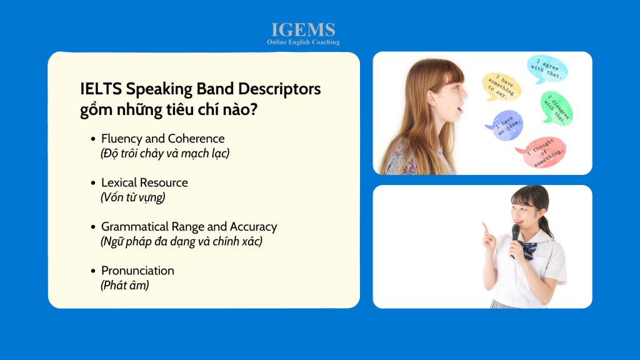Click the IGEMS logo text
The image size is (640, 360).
click(x=303, y=30)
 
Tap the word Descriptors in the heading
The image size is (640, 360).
click(x=279, y=89)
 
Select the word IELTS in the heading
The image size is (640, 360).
click(x=101, y=89)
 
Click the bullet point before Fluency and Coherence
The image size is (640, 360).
click(x=93, y=139)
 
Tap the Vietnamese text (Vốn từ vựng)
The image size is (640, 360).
click(x=133, y=197)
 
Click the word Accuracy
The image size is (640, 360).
click(x=254, y=227)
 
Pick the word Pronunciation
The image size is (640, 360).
click(x=137, y=271)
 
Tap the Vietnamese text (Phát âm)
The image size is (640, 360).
click(x=125, y=285)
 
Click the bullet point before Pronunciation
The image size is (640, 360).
click(x=93, y=271)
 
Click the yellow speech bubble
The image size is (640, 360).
click(x=501, y=86)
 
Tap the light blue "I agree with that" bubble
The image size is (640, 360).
click(x=547, y=69)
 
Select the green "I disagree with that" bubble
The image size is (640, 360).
click(x=556, y=107)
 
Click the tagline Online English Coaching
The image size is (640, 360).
click(x=303, y=42)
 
